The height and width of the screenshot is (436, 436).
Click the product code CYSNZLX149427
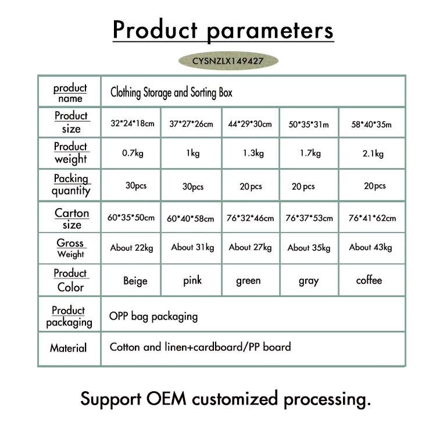pyautogui.click(x=228, y=61)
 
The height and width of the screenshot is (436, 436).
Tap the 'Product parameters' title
pyautogui.click(x=223, y=30)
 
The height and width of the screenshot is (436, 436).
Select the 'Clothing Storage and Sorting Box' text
pyautogui.click(x=171, y=92)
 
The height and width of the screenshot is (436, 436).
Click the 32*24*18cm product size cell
pyautogui.click(x=133, y=123)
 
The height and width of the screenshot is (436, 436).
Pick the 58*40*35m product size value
pyautogui.click(x=371, y=124)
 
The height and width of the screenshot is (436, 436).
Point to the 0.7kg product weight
pyautogui.click(x=133, y=153)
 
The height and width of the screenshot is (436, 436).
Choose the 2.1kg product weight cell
pyautogui.click(x=373, y=153)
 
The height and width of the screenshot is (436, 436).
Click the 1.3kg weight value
pyautogui.click(x=253, y=153)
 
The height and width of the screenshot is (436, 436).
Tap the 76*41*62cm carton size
pyautogui.click(x=372, y=218)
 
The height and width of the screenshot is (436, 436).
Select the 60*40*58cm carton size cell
pyautogui.click(x=191, y=219)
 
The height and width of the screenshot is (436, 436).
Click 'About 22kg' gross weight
pyautogui.click(x=131, y=248)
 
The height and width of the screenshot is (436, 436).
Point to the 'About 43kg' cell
pyautogui.click(x=371, y=247)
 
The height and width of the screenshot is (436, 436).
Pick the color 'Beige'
pyautogui.click(x=135, y=281)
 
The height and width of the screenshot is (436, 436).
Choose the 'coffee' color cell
pyautogui.click(x=369, y=280)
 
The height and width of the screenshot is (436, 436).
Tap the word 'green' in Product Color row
pyautogui.click(x=248, y=281)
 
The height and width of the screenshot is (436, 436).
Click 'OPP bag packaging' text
pyautogui.click(x=153, y=316)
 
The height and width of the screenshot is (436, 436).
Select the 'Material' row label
pyautogui.click(x=69, y=348)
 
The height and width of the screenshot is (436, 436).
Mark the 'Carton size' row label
pyautogui.click(x=72, y=219)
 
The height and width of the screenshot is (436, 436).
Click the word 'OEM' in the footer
pyautogui.click(x=166, y=399)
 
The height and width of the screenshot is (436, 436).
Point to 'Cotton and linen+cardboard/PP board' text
pyautogui.click(x=200, y=346)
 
